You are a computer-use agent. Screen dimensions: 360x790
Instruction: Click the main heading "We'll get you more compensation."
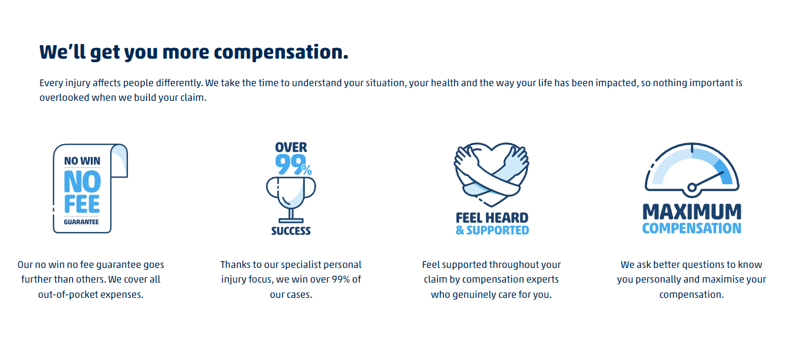(194, 52)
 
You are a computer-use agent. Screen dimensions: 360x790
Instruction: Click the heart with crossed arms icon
(491, 170)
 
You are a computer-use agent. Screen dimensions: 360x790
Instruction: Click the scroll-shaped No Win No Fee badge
(89, 188)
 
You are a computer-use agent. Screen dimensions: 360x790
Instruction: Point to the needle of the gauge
(708, 179)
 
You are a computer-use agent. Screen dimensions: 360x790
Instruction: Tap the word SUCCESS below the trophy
(291, 231)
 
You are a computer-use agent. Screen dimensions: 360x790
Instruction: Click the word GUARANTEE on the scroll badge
(82, 222)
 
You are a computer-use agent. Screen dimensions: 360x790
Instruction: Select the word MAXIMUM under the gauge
(691, 212)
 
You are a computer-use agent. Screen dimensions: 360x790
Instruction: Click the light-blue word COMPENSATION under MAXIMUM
(691, 228)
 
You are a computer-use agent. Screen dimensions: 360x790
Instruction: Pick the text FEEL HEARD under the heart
(492, 218)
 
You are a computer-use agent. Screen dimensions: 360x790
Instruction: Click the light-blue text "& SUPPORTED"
(492, 230)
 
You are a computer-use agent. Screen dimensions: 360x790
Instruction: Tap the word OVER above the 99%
(291, 147)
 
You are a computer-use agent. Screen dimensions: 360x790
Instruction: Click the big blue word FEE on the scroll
(82, 204)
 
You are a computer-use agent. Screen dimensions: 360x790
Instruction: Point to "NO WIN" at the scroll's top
(82, 161)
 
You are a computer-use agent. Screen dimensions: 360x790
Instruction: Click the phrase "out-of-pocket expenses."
(91, 294)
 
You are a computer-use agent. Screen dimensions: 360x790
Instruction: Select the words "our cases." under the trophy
(291, 294)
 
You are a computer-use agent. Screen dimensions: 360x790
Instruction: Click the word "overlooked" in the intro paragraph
(63, 97)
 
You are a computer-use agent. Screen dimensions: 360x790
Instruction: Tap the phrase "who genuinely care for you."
(491, 294)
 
